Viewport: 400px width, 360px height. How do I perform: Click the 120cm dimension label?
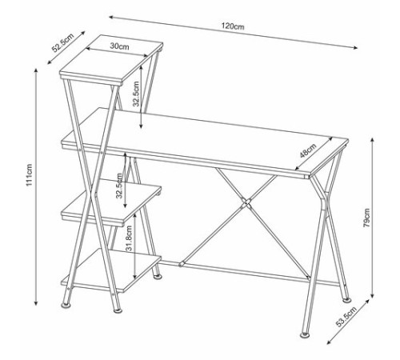(x=233, y=26)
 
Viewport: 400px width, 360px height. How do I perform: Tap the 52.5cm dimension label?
(x=62, y=42)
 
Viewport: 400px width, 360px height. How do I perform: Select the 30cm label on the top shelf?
(x=119, y=46)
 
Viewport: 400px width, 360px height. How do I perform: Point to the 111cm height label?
(x=29, y=174)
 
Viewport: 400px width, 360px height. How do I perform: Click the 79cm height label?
(x=367, y=218)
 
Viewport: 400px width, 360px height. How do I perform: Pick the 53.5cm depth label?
(x=346, y=317)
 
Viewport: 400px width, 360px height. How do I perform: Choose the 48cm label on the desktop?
(x=308, y=150)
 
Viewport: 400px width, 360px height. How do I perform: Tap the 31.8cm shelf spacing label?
(x=129, y=238)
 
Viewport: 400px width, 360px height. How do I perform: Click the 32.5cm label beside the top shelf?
(x=136, y=94)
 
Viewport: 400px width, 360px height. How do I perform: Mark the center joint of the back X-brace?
(x=246, y=203)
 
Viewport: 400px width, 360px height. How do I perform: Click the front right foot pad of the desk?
(x=304, y=335)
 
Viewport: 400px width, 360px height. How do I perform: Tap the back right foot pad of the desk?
(x=347, y=300)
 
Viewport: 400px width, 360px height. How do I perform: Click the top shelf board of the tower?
(x=111, y=60)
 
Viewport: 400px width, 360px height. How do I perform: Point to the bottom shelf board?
(x=111, y=270)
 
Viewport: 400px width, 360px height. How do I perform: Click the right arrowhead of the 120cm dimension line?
(x=355, y=48)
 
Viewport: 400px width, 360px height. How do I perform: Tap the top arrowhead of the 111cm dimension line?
(x=36, y=70)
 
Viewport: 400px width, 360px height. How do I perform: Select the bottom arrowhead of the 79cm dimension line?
(x=373, y=295)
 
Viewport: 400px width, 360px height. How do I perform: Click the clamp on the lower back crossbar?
(x=181, y=264)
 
